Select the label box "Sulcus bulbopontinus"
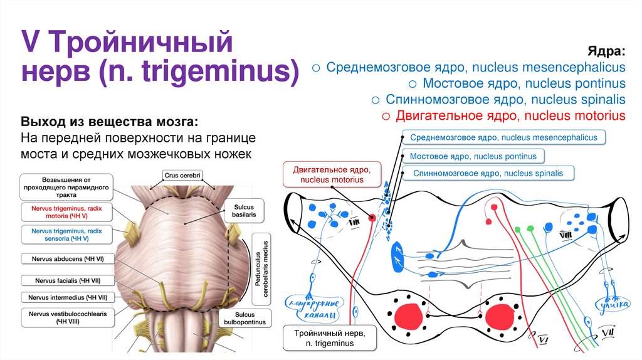coord(245,317)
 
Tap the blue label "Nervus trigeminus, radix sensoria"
coord(66,235)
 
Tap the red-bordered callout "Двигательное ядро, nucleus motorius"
coord(332,175)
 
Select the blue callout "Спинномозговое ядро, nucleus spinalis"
coord(488,173)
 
